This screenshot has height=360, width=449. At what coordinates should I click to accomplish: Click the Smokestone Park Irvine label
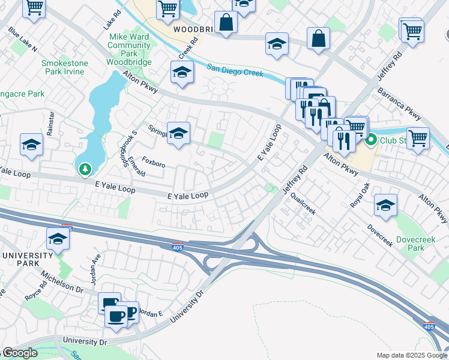(x=65, y=67)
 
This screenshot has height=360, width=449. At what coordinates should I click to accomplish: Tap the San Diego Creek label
(x=235, y=70)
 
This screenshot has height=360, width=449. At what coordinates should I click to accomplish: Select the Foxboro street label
(x=154, y=162)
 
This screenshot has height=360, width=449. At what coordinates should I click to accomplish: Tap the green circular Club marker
(x=372, y=141)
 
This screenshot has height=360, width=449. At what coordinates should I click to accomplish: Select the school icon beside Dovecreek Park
(x=385, y=205)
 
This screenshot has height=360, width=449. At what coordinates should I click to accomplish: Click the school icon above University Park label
(x=58, y=238)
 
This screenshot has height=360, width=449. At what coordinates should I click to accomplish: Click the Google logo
(x=20, y=353)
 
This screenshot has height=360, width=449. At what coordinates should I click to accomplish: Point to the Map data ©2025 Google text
(x=412, y=355)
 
